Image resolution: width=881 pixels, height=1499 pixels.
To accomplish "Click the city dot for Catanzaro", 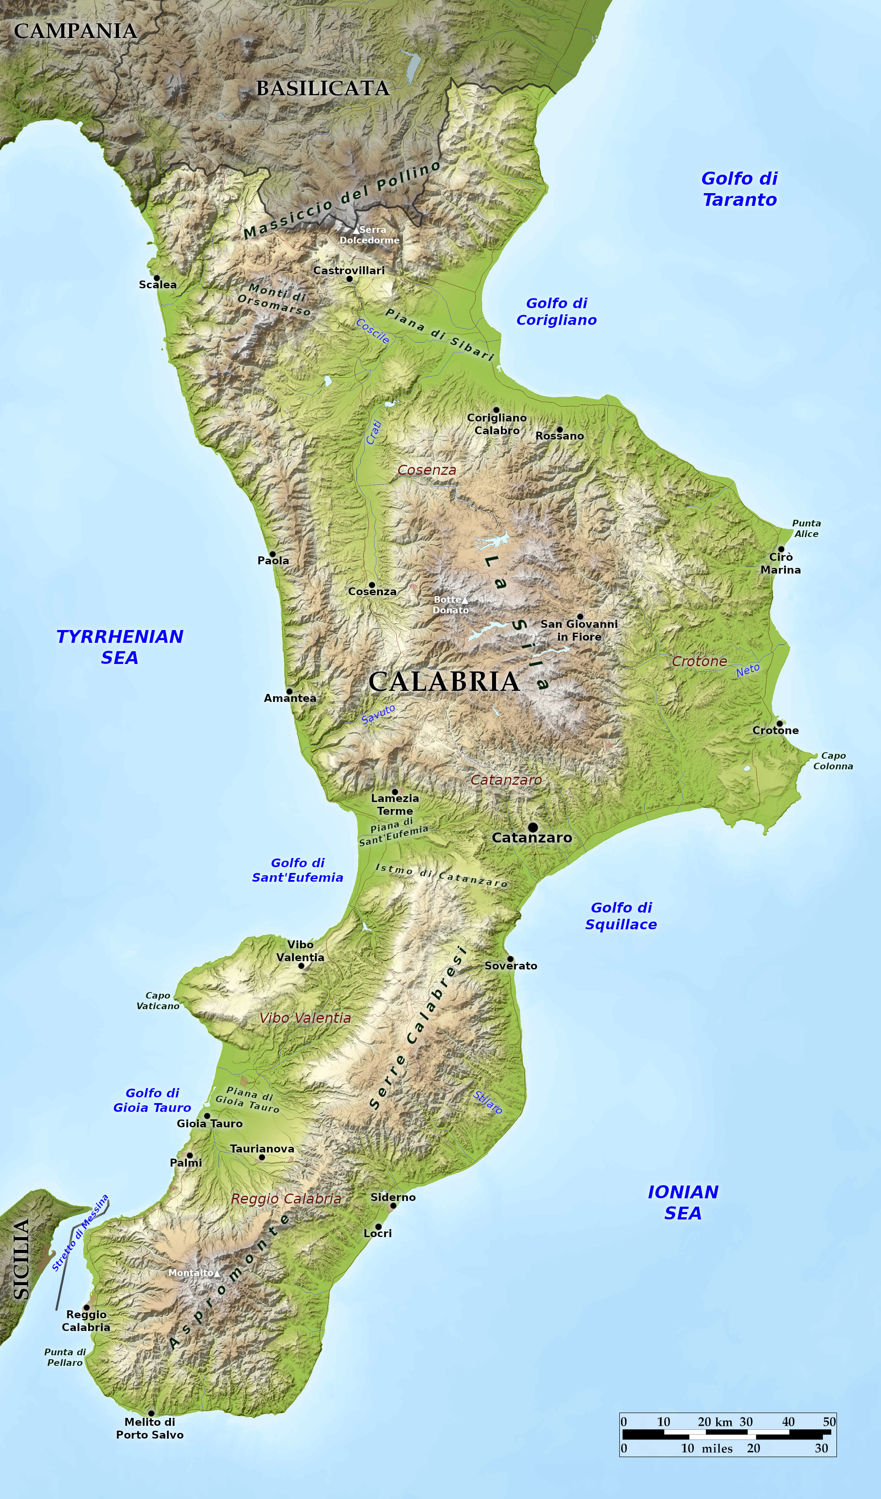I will (533, 827).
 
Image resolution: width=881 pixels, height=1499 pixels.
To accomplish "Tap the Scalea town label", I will (158, 285).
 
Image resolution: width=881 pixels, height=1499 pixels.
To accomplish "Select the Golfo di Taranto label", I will (740, 189).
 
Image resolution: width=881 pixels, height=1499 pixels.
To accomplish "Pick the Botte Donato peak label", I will (450, 605).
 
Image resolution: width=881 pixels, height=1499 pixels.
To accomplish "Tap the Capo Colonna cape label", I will (833, 761).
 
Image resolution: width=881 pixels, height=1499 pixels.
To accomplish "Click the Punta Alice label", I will (806, 528).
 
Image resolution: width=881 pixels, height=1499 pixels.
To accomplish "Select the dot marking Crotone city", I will (779, 723).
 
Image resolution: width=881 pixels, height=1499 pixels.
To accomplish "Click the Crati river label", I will (374, 433).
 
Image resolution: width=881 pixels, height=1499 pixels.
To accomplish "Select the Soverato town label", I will (511, 966).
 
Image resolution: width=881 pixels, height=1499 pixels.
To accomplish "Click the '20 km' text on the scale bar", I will (714, 1422).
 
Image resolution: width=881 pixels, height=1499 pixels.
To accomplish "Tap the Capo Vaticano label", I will (158, 1000).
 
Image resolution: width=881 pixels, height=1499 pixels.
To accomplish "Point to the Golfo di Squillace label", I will (621, 916).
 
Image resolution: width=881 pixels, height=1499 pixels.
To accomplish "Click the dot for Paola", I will (272, 554).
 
